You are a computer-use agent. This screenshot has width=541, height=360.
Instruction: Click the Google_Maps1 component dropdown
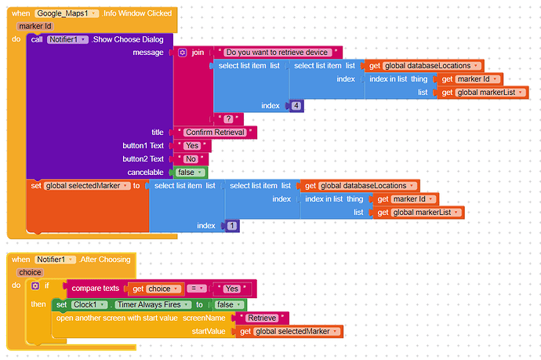click(x=67, y=13)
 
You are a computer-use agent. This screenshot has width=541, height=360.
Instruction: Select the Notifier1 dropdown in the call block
click(x=67, y=40)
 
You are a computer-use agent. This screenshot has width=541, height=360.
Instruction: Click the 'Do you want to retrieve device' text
click(x=277, y=53)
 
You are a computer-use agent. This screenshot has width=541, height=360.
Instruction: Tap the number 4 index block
click(x=296, y=106)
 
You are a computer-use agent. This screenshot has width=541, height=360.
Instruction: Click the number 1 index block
click(x=232, y=226)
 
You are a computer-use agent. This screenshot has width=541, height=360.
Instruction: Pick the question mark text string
click(x=228, y=119)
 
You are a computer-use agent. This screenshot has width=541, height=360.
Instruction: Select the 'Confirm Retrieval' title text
click(x=215, y=133)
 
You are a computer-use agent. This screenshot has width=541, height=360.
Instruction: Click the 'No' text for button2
click(x=191, y=159)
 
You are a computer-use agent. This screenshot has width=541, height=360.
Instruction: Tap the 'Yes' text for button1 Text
click(x=192, y=146)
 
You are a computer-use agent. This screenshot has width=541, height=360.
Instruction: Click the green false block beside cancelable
click(x=190, y=173)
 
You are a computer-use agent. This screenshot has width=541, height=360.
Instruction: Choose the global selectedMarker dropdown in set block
click(x=87, y=186)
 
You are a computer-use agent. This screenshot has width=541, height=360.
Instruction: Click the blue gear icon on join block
click(x=183, y=53)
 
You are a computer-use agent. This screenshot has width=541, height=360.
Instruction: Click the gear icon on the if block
click(x=35, y=285)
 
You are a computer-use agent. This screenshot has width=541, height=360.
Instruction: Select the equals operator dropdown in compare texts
click(x=197, y=289)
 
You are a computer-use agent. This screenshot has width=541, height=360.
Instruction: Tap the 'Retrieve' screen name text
click(x=262, y=318)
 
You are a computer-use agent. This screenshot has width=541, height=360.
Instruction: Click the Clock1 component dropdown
click(x=89, y=305)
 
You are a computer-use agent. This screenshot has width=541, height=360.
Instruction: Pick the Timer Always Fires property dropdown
click(x=153, y=305)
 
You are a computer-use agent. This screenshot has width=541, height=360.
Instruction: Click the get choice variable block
click(x=156, y=289)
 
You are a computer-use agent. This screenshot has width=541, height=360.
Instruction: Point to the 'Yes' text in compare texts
click(x=232, y=289)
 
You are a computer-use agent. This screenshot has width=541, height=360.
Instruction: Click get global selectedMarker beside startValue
click(x=289, y=332)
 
